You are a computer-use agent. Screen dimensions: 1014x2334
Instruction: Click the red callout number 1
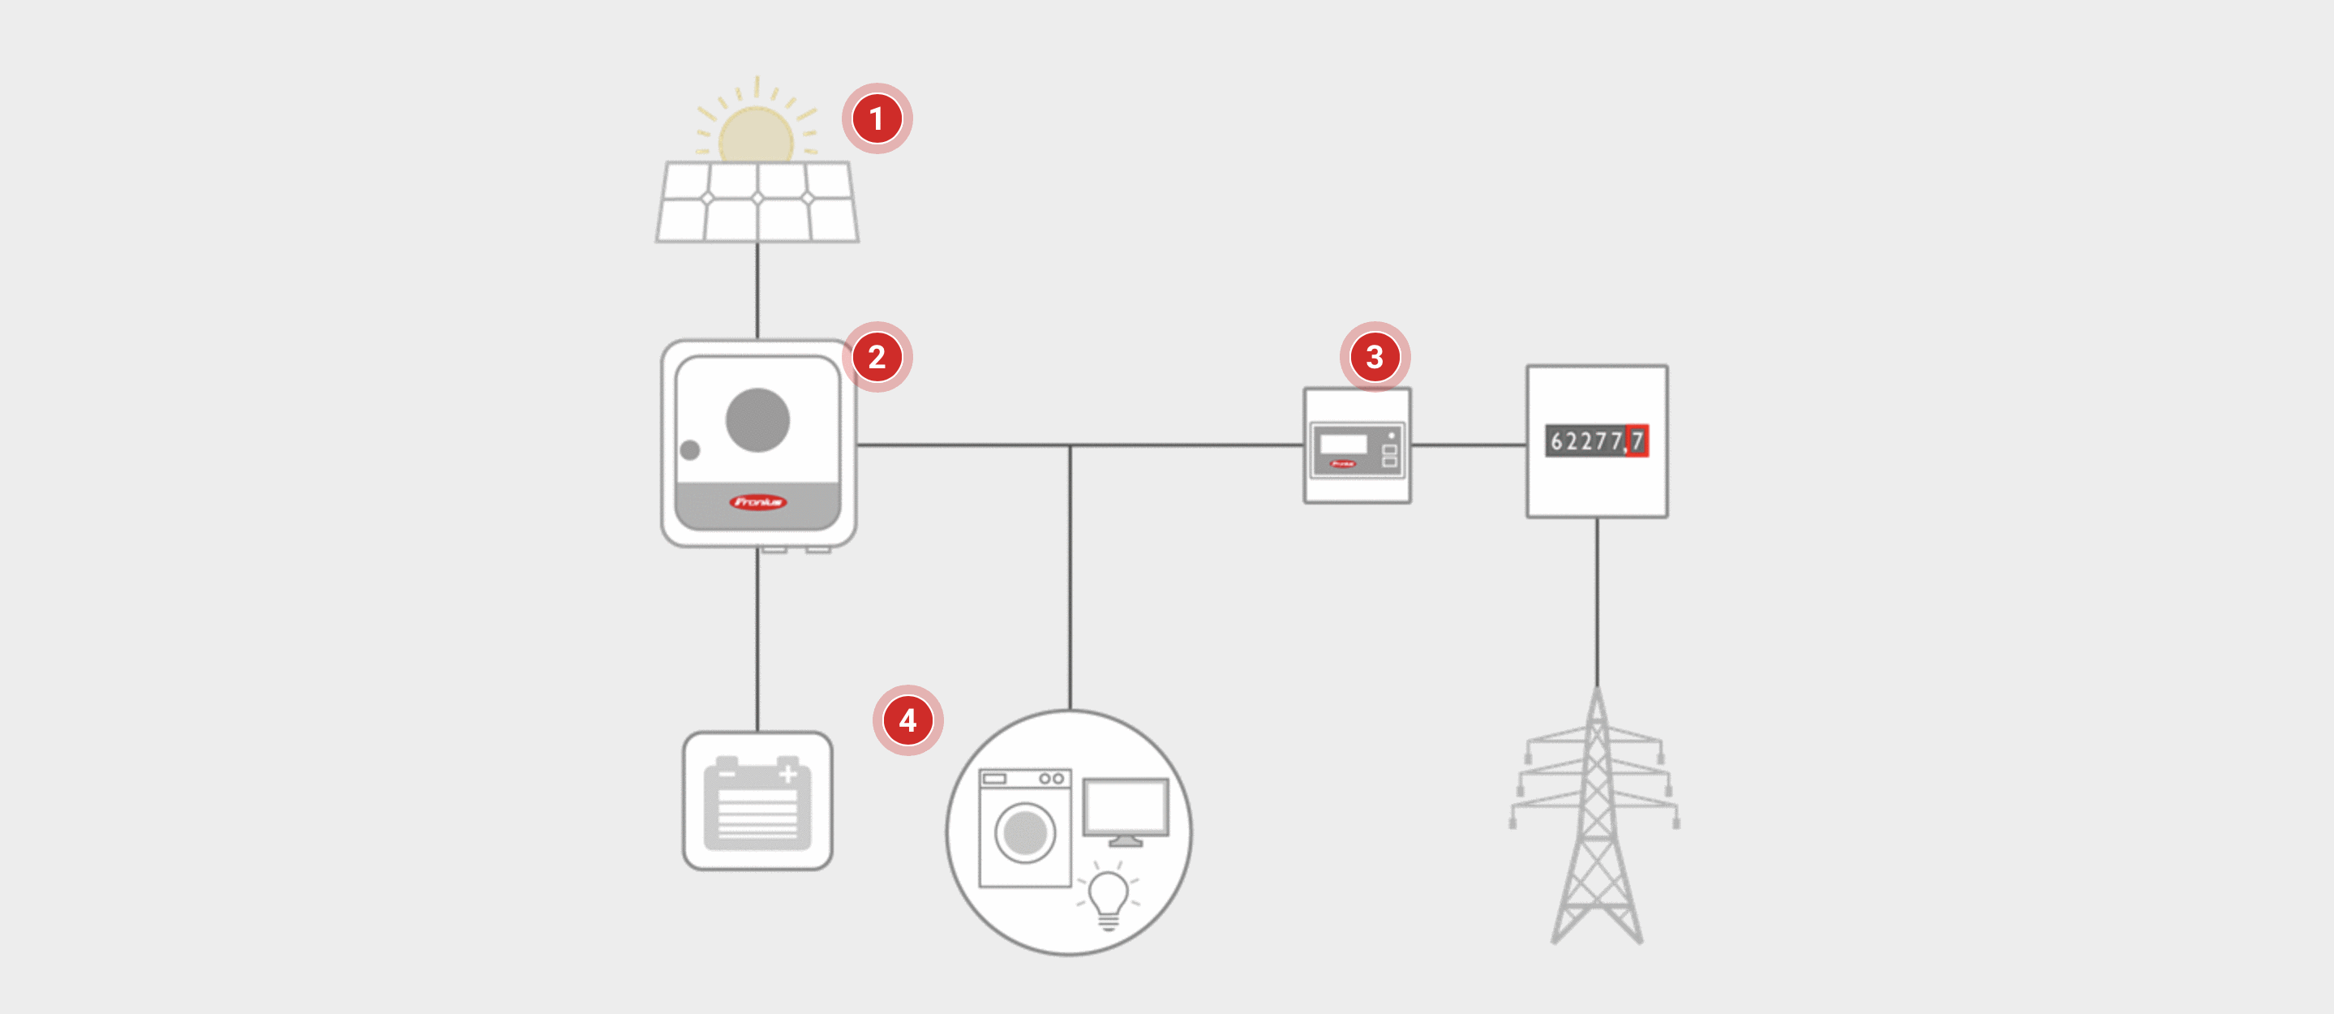click(x=876, y=118)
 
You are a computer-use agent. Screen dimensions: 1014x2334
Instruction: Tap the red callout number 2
click(x=876, y=357)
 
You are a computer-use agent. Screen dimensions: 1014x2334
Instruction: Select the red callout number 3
click(x=1375, y=357)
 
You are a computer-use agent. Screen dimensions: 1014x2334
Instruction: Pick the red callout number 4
click(x=907, y=720)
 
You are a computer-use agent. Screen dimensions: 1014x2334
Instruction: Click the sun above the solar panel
click(x=756, y=134)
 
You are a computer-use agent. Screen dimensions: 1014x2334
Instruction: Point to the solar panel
click(x=757, y=202)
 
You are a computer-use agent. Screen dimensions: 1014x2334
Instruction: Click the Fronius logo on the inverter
click(x=757, y=502)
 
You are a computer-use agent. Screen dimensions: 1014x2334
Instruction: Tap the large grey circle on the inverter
click(x=757, y=419)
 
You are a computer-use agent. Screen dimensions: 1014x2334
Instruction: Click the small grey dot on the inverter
click(x=689, y=449)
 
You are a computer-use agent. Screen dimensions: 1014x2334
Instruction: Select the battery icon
click(x=757, y=802)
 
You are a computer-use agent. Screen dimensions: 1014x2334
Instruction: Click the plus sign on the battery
click(x=787, y=774)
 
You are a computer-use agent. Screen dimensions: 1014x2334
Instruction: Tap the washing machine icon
click(x=1025, y=828)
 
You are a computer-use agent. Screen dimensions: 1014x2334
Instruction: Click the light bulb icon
click(x=1107, y=897)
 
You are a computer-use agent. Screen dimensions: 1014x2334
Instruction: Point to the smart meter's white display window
click(x=1343, y=443)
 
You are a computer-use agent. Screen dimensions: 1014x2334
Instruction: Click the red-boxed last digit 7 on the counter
click(x=1637, y=441)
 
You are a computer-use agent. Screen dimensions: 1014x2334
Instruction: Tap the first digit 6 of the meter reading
click(x=1556, y=441)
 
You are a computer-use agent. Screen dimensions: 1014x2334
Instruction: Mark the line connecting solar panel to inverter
click(x=757, y=290)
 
